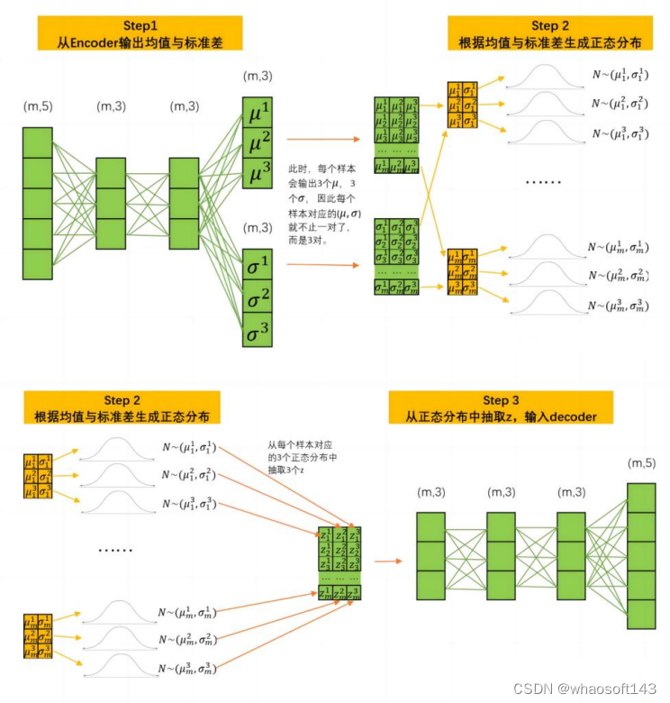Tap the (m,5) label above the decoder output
[x=641, y=463]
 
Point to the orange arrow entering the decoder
[x=387, y=561]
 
